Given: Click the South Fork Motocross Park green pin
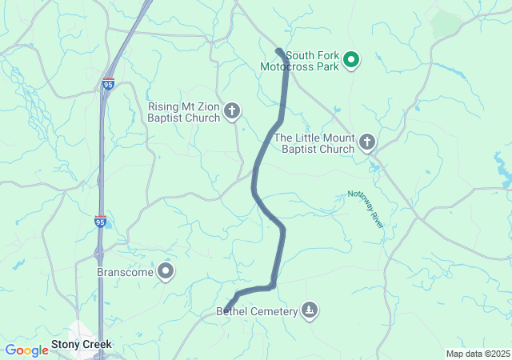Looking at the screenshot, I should point(350,59).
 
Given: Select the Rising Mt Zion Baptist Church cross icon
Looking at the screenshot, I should point(232,111).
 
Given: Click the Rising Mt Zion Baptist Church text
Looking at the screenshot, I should point(184,112).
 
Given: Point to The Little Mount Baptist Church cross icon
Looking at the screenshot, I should point(367,142).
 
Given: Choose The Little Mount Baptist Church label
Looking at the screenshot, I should point(314,143).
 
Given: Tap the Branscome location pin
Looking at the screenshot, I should point(166,271).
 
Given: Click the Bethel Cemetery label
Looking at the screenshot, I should point(256,311).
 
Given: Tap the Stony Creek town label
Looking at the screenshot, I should point(82,345).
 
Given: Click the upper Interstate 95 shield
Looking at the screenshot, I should point(108,82).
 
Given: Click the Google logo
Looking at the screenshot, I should point(26,350).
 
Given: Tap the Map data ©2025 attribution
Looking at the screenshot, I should point(478,354).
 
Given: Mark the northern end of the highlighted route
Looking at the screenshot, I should point(278,52).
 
